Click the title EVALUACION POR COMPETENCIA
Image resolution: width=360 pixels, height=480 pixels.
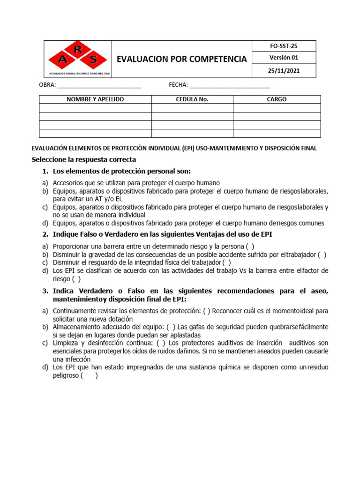pyautogui.click(x=181, y=59)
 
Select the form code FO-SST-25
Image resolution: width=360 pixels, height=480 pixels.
pyautogui.click(x=284, y=46)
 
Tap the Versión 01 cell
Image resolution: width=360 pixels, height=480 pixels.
pyautogui.click(x=284, y=58)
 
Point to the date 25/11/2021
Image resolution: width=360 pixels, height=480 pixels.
pyautogui.click(x=284, y=71)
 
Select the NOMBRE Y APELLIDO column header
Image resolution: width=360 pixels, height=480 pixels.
pyautogui.click(x=95, y=99)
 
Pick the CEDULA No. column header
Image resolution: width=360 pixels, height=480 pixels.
pyautogui.click(x=192, y=99)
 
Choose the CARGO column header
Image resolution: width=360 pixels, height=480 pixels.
pyautogui.click(x=277, y=99)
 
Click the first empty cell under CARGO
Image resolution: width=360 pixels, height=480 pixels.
pyautogui.click(x=277, y=108)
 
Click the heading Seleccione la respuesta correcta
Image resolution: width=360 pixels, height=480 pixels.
pyautogui.click(x=83, y=159)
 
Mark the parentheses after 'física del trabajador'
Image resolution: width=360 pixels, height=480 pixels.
pyautogui.click(x=226, y=262)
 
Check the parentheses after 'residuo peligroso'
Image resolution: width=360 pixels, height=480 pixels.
pyautogui.click(x=89, y=375)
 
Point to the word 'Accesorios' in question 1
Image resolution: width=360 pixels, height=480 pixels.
pyautogui.click(x=68, y=183)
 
